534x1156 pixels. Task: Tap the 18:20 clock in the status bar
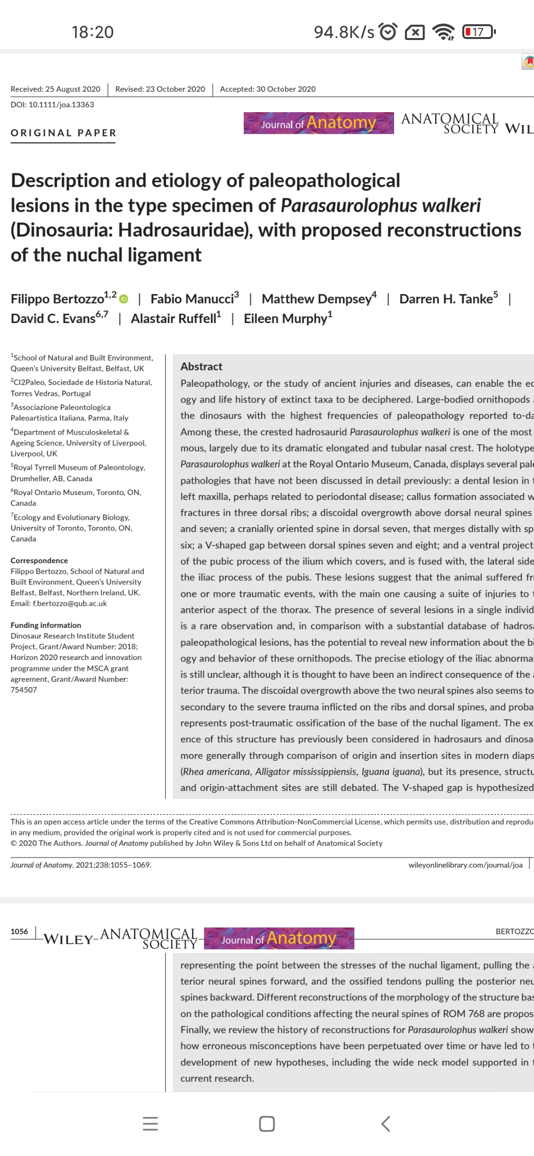92,32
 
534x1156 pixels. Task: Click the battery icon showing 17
478,32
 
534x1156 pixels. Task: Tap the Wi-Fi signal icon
443,32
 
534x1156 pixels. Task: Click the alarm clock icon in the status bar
388,32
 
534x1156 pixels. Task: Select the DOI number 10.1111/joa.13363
61,105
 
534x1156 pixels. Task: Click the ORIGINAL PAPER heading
63,133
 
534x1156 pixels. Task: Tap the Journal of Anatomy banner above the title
318,123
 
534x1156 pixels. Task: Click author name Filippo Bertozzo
57,299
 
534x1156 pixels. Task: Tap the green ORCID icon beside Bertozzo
124,299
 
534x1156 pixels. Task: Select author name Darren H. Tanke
446,299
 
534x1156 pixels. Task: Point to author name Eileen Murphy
285,319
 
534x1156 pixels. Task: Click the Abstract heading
201,367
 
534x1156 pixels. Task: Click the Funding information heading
45,625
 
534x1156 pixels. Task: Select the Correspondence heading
39,560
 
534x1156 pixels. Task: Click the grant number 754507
24,690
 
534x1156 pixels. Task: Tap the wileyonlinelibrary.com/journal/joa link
465,865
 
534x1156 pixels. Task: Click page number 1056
19,931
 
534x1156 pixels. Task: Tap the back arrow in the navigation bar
386,1124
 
